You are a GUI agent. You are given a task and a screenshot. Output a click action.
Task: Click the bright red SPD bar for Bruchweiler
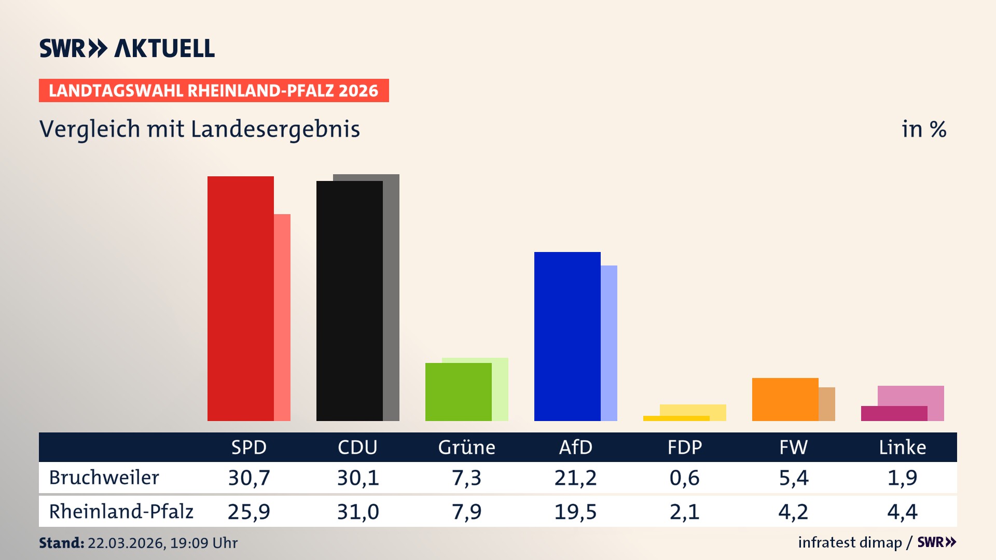pyautogui.click(x=240, y=298)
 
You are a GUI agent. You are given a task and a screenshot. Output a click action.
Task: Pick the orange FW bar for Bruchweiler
pyautogui.click(x=785, y=399)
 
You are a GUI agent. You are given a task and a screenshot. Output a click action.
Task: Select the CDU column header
pyautogui.click(x=357, y=447)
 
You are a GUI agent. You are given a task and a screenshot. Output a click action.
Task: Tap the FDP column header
pyautogui.click(x=684, y=447)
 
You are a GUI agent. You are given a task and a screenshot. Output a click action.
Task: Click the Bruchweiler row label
pyautogui.click(x=104, y=478)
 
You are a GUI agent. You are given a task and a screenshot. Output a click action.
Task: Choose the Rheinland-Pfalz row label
pyautogui.click(x=121, y=512)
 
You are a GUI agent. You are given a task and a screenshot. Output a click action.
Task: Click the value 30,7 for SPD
pyautogui.click(x=249, y=478)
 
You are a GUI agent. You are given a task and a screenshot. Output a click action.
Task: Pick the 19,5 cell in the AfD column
pyautogui.click(x=575, y=512)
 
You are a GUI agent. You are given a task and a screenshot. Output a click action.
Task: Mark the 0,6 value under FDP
pyautogui.click(x=684, y=478)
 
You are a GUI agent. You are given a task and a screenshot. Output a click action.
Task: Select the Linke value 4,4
pyautogui.click(x=902, y=512)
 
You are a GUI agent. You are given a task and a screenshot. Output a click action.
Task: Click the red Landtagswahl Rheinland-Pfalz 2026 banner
pyautogui.click(x=213, y=91)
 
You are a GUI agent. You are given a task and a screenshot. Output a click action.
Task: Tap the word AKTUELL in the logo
pyautogui.click(x=164, y=48)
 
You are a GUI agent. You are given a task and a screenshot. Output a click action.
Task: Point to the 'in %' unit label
pyautogui.click(x=923, y=129)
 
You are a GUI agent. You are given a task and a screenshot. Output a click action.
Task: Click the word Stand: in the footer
pyautogui.click(x=61, y=543)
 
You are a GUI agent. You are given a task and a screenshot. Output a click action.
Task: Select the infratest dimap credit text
pyautogui.click(x=849, y=542)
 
